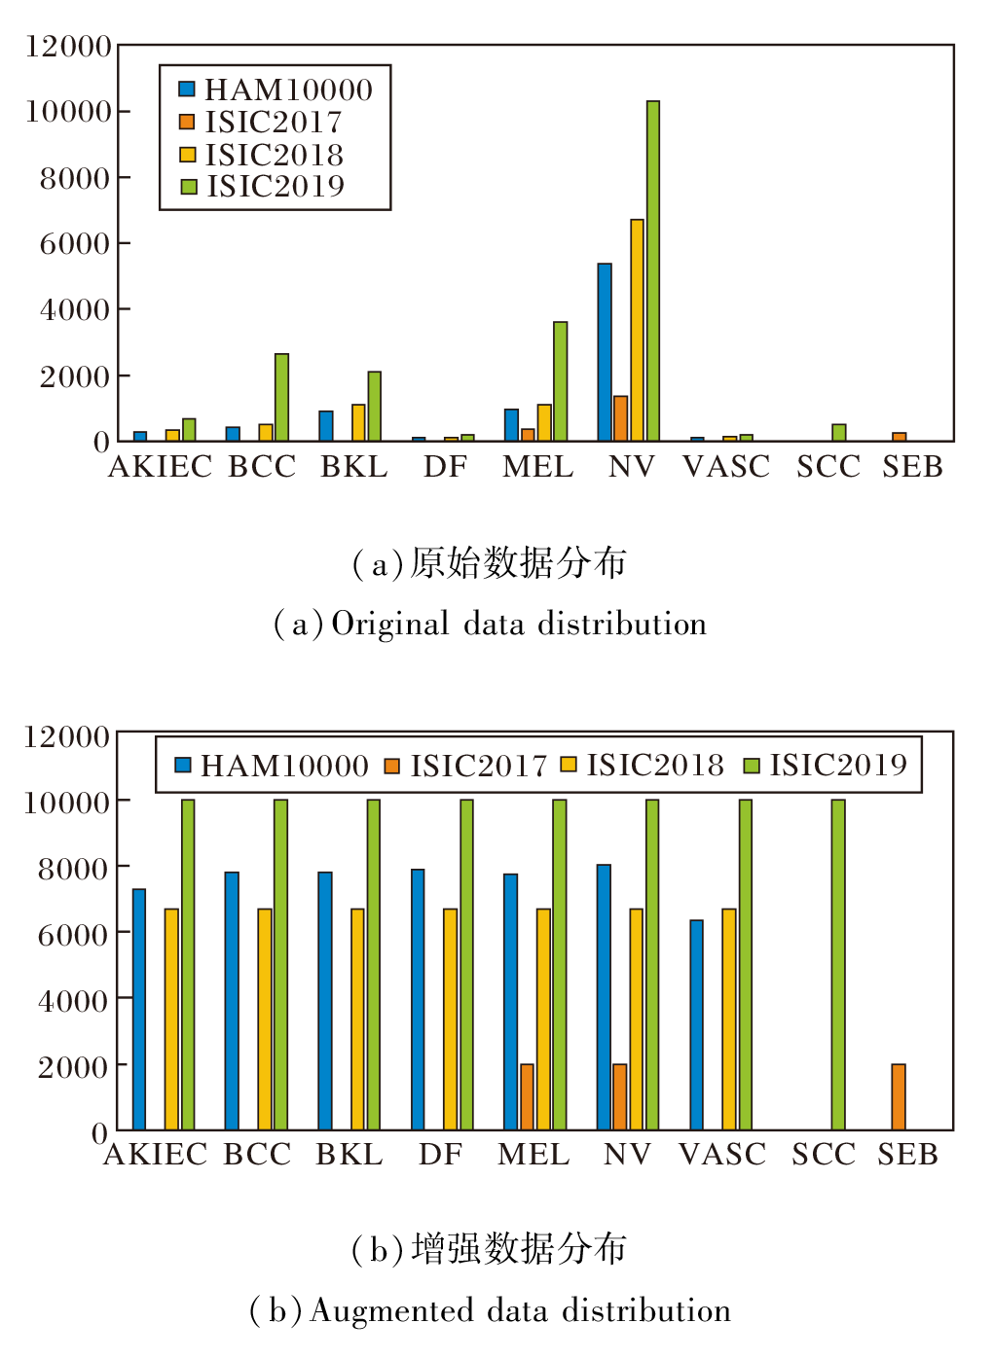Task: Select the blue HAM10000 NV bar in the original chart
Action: (x=605, y=352)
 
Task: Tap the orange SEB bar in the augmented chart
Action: (x=899, y=1096)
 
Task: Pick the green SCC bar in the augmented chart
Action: (x=838, y=964)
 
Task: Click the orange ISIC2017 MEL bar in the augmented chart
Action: (x=527, y=1096)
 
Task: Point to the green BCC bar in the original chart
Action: (x=281, y=397)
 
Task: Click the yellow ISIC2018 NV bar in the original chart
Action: (x=637, y=330)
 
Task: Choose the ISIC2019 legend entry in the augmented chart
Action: (x=827, y=766)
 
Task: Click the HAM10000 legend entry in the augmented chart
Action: (x=273, y=766)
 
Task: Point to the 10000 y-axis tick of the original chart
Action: (x=69, y=111)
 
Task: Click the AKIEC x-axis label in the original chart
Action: (x=161, y=467)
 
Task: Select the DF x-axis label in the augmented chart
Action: (x=441, y=1155)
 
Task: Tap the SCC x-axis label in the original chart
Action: (x=828, y=467)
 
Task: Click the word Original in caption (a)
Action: (x=390, y=624)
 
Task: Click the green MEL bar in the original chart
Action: (x=560, y=381)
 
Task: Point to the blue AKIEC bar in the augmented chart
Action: (x=139, y=1009)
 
